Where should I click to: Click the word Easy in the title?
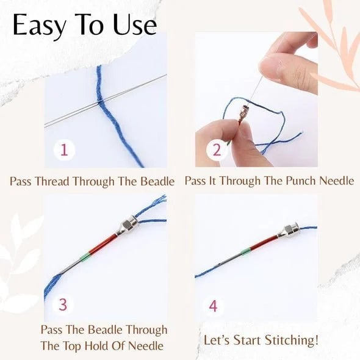click(x=40, y=26)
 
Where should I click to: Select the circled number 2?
click(x=215, y=149)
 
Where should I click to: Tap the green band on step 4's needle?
click(x=246, y=251)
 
